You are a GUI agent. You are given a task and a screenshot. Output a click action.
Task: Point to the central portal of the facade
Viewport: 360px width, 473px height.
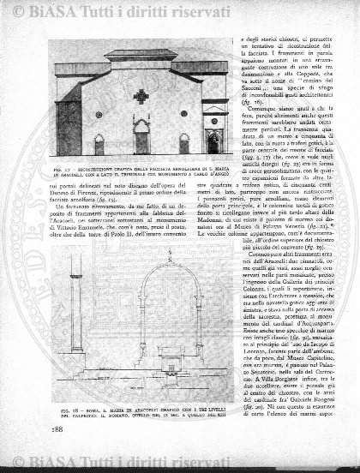pyautogui.click(x=141, y=137)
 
